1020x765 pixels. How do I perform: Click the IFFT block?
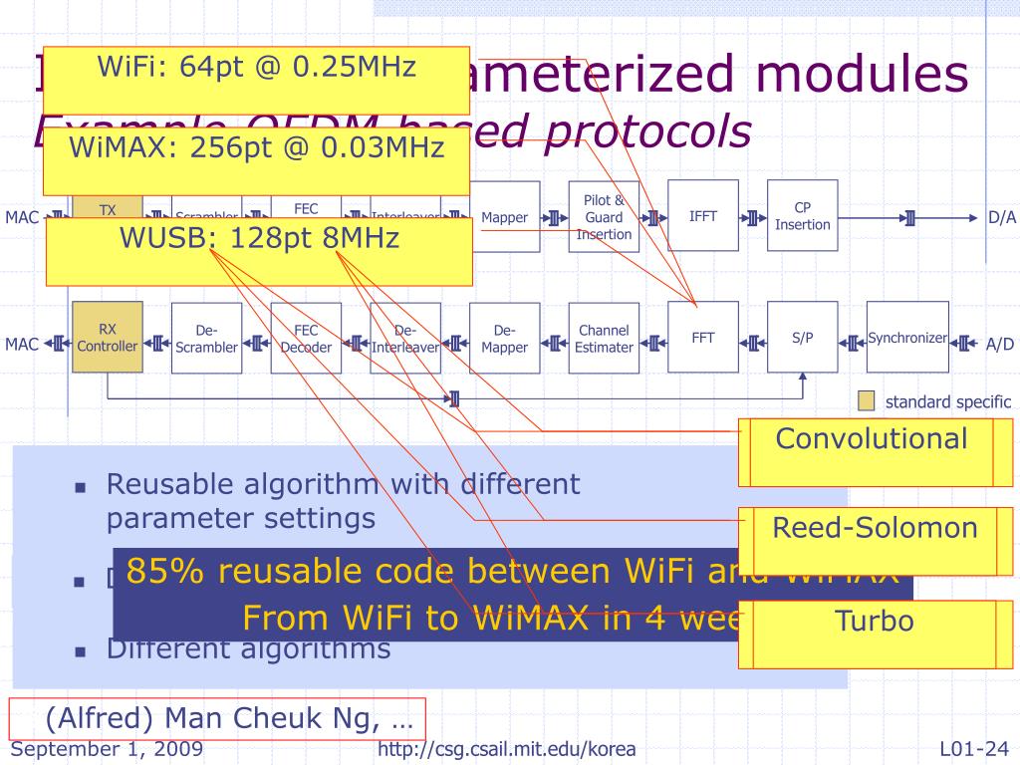702,216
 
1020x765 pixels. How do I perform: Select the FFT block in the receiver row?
702,337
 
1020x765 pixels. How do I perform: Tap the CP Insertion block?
802,216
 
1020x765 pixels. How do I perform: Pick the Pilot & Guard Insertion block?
604,217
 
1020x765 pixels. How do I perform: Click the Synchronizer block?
906,337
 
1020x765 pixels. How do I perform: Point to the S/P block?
802,337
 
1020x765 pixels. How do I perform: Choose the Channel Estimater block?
604,338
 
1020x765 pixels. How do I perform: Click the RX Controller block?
108,338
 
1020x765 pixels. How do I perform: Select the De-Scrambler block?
206,338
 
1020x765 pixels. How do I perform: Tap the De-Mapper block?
504,338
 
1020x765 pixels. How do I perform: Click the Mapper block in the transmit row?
504,217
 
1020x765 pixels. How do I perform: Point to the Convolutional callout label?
872,438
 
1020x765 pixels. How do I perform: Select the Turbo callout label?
874,623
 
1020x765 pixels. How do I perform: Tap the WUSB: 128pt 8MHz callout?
259,240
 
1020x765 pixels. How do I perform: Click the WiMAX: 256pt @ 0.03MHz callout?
256,148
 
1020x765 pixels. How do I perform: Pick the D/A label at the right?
1001,217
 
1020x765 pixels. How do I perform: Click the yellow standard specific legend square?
867,401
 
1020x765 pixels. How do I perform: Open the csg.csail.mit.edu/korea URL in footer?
507,749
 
